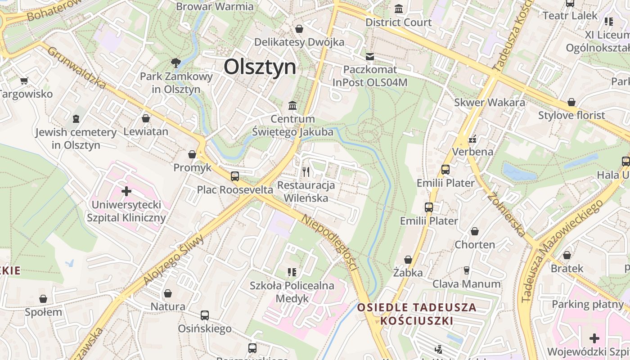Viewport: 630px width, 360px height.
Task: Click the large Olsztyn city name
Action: point(260,67)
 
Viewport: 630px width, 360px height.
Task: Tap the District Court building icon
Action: point(399,9)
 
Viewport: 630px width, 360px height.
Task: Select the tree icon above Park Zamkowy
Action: point(176,63)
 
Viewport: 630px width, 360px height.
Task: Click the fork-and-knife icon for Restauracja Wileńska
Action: point(306,171)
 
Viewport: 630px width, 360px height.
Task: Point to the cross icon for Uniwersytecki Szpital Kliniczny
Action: point(126,191)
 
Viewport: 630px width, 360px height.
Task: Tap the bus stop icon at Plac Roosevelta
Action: point(234,176)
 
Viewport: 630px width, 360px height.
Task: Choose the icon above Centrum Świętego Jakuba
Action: point(293,106)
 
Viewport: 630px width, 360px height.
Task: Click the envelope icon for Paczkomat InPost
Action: point(370,57)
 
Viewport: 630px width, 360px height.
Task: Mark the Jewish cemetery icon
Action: point(76,119)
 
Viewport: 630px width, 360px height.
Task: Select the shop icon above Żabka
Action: point(408,260)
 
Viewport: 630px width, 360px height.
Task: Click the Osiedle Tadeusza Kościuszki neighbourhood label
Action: point(417,314)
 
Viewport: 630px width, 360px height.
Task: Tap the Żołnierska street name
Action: point(506,214)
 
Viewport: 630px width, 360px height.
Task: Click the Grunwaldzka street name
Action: point(76,67)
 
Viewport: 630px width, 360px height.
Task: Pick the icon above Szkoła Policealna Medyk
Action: point(292,272)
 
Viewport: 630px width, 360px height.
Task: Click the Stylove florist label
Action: point(571,115)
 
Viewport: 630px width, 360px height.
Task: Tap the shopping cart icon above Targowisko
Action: point(24,81)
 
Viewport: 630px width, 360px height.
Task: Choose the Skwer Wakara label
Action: point(490,102)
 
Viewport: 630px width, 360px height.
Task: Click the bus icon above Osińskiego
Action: point(205,315)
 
